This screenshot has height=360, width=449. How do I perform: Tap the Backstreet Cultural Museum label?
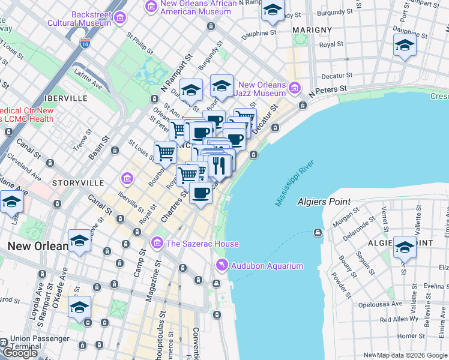point(91,19)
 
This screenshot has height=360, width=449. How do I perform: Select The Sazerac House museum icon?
point(157,243)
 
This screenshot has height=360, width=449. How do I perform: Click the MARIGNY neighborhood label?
point(312,29)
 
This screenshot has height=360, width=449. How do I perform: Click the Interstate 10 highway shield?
point(85,43)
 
